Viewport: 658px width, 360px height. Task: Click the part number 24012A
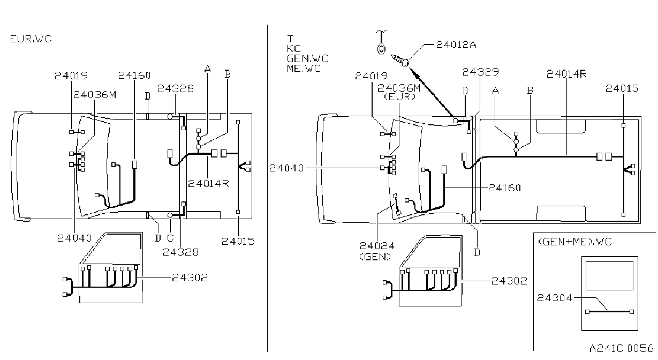click(456, 44)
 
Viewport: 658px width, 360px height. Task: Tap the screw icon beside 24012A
click(400, 59)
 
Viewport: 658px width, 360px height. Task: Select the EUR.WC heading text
click(31, 39)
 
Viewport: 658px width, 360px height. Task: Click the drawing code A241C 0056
click(622, 348)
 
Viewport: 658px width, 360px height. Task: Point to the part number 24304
click(555, 298)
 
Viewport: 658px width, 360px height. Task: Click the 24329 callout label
click(481, 72)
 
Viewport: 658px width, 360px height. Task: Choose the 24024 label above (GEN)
click(377, 246)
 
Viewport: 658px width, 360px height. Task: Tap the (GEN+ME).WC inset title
click(575, 242)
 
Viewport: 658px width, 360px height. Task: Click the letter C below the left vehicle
click(170, 238)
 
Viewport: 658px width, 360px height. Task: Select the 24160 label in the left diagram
click(134, 76)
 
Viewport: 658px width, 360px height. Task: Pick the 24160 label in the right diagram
click(505, 188)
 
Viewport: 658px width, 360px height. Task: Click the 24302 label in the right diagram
click(509, 281)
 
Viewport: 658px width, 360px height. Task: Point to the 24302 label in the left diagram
click(190, 277)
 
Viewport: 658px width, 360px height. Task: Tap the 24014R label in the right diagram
click(566, 74)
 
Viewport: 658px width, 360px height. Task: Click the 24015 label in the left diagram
click(238, 242)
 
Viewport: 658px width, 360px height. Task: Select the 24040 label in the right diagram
click(286, 168)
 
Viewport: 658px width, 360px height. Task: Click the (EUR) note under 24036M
click(400, 96)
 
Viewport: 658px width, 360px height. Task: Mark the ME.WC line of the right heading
click(304, 69)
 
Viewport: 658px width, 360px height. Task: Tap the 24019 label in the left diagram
click(71, 76)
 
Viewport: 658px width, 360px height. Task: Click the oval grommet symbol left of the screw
click(381, 49)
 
